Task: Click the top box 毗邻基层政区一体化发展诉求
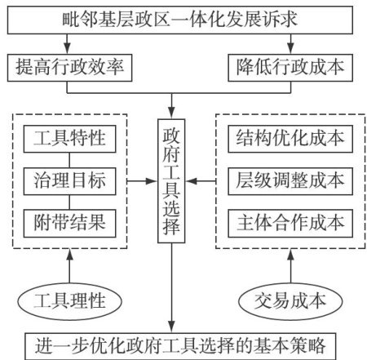coord(180,20)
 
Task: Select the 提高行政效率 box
coord(69,68)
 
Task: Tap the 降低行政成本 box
coord(290,68)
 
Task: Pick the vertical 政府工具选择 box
coord(171,181)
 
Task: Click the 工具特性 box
coord(69,139)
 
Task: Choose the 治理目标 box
coord(69,181)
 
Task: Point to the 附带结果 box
coord(69,224)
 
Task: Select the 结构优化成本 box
coord(290,139)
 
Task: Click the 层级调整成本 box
coord(290,181)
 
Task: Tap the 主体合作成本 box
coord(290,224)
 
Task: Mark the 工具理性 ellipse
coord(69,301)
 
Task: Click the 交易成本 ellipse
coord(290,301)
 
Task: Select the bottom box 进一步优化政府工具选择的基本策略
coord(180,346)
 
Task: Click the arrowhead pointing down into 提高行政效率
coord(67,48)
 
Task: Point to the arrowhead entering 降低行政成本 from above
coord(290,48)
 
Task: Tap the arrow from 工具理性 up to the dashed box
coord(69,266)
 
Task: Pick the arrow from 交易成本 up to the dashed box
coord(290,266)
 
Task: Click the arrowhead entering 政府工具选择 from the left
coord(152,181)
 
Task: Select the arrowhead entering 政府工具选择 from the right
coord(192,181)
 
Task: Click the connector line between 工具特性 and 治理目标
coord(69,160)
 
